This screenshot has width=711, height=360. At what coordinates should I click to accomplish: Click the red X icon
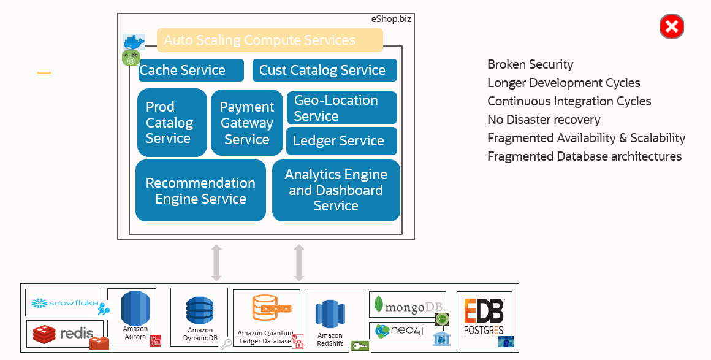[672, 27]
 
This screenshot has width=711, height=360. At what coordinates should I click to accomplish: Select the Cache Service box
[191, 71]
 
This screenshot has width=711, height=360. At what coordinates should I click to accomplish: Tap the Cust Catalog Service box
[324, 71]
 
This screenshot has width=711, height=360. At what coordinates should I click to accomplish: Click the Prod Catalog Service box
[172, 123]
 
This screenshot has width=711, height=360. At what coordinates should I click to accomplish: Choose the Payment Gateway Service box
[247, 123]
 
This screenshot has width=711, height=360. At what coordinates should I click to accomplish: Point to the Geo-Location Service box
[341, 108]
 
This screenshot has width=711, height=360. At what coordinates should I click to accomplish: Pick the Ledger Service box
[341, 141]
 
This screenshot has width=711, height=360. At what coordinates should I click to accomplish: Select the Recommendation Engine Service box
[200, 191]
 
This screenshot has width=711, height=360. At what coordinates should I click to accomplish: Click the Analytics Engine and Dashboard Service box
[336, 190]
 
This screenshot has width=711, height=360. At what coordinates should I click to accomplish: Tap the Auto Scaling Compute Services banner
[270, 40]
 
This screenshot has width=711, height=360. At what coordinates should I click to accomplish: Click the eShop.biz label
[391, 19]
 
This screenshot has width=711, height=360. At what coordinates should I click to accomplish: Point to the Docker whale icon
[134, 42]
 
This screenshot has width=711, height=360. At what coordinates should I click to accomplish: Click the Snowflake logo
[64, 303]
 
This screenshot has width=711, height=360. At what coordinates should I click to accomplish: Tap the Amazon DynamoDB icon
[199, 310]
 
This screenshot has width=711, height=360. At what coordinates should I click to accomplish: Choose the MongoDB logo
[407, 304]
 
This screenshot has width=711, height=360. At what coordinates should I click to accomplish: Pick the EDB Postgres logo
[484, 316]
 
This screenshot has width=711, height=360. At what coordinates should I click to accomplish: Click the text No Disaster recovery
[544, 120]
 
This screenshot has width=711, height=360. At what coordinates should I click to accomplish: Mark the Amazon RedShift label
[330, 339]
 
